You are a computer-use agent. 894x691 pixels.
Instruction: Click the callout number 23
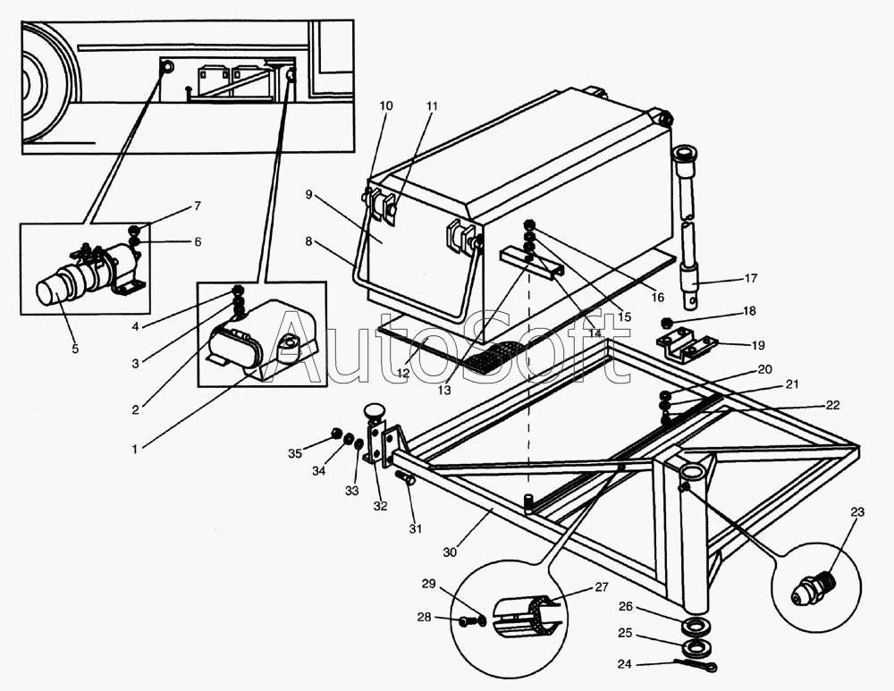coord(857,513)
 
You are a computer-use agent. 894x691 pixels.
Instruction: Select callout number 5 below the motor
coord(75,349)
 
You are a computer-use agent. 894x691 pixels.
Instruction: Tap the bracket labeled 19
coord(686,344)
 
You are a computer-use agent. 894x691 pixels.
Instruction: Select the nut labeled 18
coord(667,323)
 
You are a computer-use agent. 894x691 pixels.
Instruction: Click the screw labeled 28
coord(469,621)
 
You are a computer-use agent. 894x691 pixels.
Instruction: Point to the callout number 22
coord(831,405)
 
